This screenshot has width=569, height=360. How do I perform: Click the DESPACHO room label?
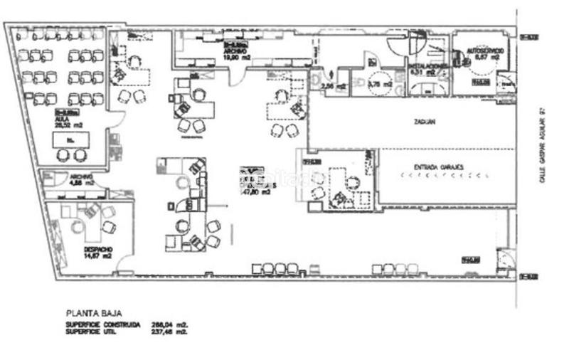(97, 250)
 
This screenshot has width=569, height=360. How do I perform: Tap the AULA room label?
(63, 119)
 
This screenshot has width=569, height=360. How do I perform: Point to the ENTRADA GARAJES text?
(438, 167)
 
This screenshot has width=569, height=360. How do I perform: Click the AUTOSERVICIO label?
(486, 52)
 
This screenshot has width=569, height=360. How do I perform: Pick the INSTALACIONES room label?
(428, 65)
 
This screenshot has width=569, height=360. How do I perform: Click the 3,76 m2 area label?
(382, 83)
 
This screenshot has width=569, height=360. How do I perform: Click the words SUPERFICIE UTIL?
(92, 331)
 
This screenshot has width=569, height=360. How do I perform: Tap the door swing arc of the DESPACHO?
(124, 268)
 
